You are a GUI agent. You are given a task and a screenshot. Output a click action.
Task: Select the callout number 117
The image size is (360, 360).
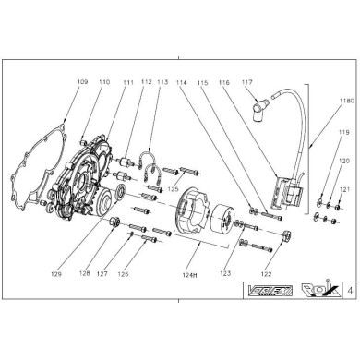coord(246,83)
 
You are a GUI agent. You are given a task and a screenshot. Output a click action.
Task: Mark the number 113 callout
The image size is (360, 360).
coord(163,83)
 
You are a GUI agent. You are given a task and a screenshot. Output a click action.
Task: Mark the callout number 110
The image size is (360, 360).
coord(103,83)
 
